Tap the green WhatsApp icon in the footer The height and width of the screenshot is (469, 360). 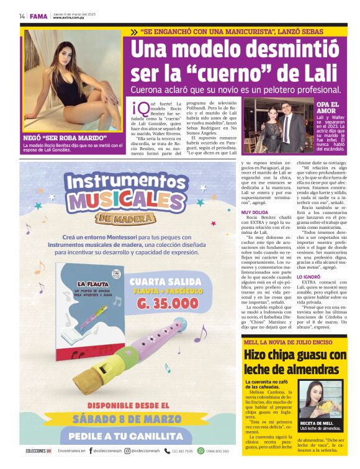[200, 451]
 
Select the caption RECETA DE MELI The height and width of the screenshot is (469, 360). [318, 422]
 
